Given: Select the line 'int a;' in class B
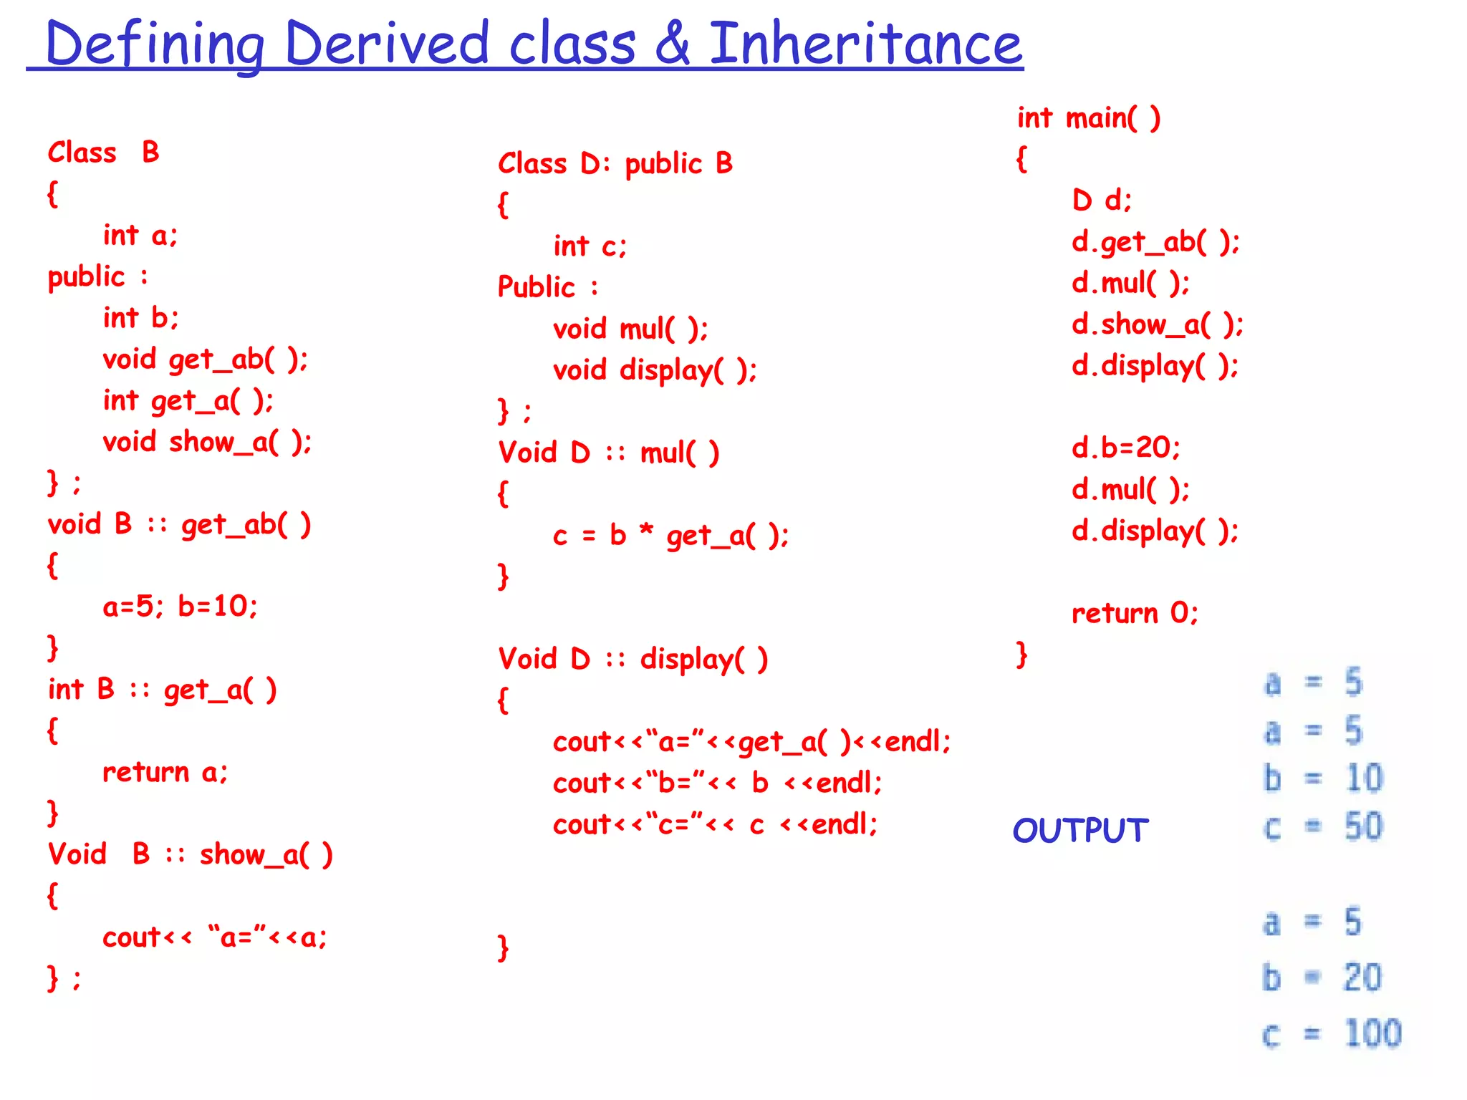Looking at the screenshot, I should point(140,235).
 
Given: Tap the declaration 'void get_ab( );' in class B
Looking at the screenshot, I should point(205,359).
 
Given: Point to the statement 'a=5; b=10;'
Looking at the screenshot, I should point(180,607).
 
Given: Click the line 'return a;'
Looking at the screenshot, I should point(165,772).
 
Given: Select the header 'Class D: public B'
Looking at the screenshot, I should point(615,164).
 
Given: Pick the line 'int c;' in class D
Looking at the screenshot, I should point(590,246).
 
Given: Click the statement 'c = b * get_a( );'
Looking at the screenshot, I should point(670,536).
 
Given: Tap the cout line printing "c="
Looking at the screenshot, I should point(715,824).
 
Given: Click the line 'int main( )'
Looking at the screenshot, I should point(1088,118).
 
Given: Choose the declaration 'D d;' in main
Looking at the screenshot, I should point(1102,201).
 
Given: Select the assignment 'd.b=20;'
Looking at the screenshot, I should point(1125,448).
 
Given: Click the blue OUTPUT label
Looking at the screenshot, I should point(1080,831).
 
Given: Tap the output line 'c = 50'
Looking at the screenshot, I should point(1322,827).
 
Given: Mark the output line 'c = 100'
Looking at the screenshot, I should point(1331,1033).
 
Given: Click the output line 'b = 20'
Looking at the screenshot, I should point(1322,978).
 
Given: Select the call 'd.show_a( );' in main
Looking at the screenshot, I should point(1157,324).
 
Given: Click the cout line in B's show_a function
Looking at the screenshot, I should point(214,937).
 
